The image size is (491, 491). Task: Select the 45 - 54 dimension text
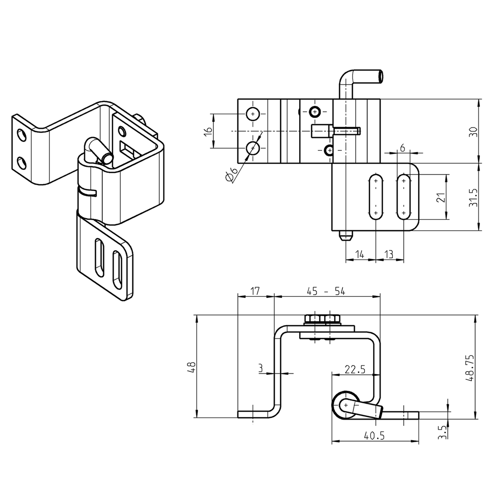(x=326, y=291)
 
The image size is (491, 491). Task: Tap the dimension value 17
(x=256, y=291)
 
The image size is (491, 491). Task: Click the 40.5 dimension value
(x=375, y=436)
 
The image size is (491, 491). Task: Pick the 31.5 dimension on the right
(x=473, y=197)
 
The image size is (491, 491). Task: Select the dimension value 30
(x=473, y=132)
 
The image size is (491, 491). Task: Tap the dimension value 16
(x=208, y=132)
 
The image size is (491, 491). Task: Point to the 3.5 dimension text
(x=443, y=433)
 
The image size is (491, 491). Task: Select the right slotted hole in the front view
(x=404, y=197)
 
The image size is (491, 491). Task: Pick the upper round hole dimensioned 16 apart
(x=253, y=114)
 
